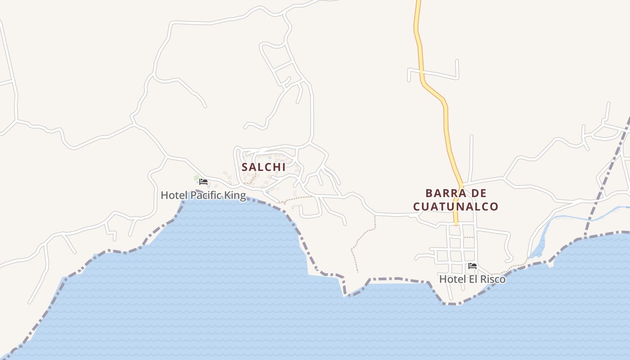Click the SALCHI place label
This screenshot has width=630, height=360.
click(264, 167)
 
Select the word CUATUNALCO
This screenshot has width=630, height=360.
click(456, 207)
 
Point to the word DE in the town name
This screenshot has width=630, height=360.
click(480, 193)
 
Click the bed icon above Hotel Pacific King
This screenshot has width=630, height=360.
click(203, 182)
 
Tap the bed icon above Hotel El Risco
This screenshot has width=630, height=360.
click(472, 266)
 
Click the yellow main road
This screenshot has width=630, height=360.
click(446, 130)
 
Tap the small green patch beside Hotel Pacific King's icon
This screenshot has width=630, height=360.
click(196, 179)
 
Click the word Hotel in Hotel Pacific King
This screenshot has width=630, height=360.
click(174, 195)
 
